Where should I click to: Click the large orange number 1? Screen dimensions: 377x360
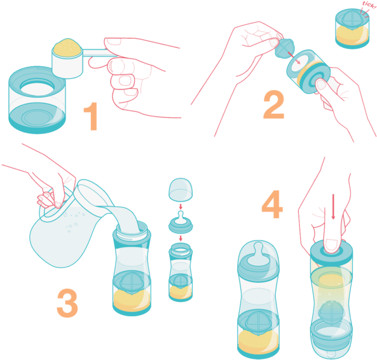[x=92, y=116]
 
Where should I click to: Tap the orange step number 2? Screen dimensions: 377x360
[x=274, y=104]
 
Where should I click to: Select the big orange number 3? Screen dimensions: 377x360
[x=67, y=303]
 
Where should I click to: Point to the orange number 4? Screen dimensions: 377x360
[x=272, y=204]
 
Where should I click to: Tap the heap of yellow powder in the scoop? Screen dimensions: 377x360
[x=67, y=47]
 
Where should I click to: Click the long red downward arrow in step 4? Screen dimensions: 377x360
[x=333, y=207]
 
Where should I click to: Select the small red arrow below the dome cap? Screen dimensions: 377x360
[x=181, y=207]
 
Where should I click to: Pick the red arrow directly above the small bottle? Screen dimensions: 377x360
[x=181, y=239]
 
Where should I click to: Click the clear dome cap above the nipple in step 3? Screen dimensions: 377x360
[x=181, y=190]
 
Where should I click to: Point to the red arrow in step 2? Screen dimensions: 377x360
[x=294, y=58]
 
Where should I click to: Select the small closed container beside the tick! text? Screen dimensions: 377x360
[x=352, y=29]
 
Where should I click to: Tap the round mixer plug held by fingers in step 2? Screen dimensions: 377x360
[x=284, y=48]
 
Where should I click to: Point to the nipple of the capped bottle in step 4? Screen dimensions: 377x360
[x=259, y=252]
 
